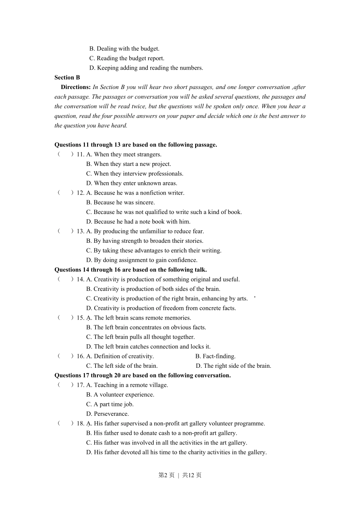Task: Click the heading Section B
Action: [x=67, y=77]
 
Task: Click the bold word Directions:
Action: [x=75, y=87]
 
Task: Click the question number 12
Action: [x=80, y=193]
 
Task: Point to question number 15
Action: [x=80, y=318]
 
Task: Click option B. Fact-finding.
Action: [x=215, y=356]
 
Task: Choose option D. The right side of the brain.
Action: [x=233, y=366]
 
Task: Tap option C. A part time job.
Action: [x=110, y=404]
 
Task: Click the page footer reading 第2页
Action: [x=166, y=475]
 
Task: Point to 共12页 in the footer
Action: [x=192, y=475]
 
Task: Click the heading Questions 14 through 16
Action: [x=130, y=270]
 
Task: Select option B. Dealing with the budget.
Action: [x=124, y=48]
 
